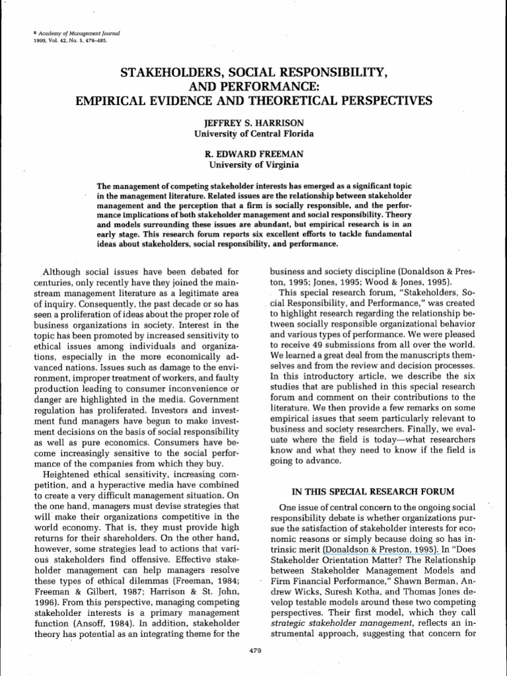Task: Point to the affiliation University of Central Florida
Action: pos(253,134)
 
